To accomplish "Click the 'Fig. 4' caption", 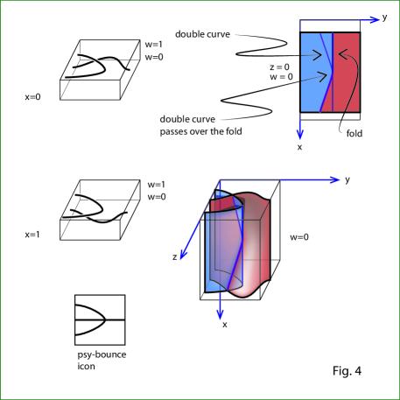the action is [347, 371].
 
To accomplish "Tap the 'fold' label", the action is [354, 133].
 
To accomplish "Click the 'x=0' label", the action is [32, 97].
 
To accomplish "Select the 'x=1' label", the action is [32, 235].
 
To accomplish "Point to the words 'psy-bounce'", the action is [102, 355].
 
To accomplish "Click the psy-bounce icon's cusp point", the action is [105, 320].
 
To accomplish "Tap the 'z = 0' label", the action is [279, 67].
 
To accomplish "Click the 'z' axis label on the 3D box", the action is [174, 257].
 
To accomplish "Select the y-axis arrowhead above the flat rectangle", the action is [374, 20].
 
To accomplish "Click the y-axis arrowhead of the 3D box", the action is [335, 179].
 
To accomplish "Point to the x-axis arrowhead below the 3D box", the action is [220, 314].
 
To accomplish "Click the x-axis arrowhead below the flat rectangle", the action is [300, 135].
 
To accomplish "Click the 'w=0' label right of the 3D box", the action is [299, 237].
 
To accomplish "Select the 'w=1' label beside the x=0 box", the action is [154, 45].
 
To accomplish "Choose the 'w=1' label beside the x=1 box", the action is [157, 185].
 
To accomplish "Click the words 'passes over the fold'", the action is [200, 131].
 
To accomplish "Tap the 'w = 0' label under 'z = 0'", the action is [281, 77].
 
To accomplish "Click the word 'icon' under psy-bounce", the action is [86, 366].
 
